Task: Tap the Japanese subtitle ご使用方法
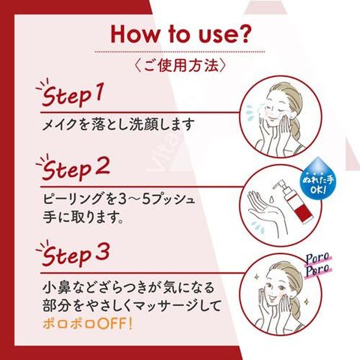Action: tap(180, 66)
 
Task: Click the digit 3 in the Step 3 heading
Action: tap(102, 251)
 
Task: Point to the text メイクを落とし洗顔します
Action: tap(118, 124)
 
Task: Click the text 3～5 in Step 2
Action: tap(127, 199)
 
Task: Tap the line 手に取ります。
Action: tap(83, 217)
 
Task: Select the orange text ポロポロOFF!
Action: tap(87, 324)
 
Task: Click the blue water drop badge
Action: tap(318, 178)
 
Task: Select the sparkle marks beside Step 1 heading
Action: tap(43, 85)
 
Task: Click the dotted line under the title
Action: tap(180, 52)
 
